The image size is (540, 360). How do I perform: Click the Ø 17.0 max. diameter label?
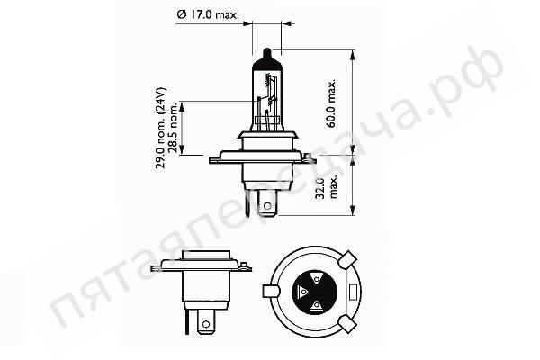click(x=208, y=14)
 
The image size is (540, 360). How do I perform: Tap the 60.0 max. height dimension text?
click(x=331, y=103)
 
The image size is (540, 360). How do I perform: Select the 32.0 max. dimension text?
click(x=326, y=188)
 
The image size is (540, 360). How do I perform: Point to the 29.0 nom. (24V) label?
click(x=160, y=128)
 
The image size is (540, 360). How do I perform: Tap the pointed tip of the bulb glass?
click(x=267, y=49)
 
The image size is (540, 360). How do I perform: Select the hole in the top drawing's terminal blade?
click(x=267, y=206)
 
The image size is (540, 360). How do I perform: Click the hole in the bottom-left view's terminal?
click(x=206, y=324)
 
